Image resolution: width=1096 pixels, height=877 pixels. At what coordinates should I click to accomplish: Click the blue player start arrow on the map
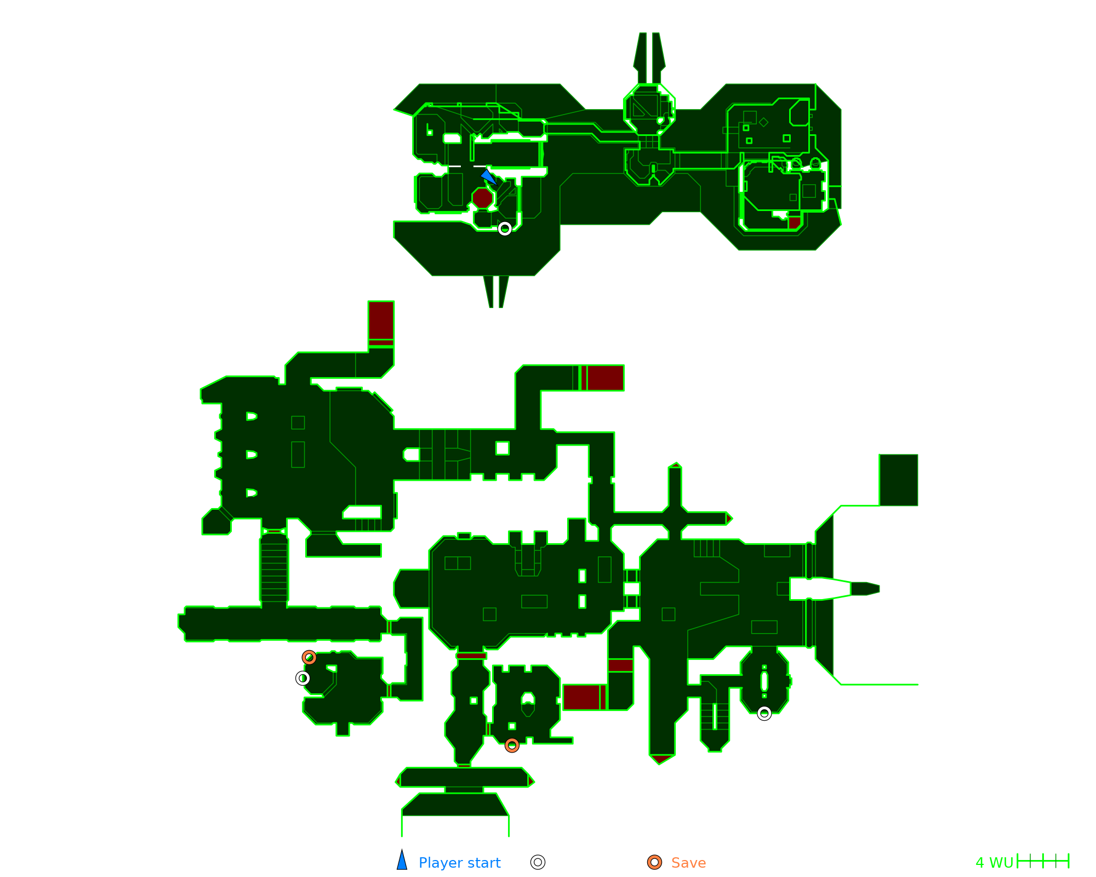coord(488,176)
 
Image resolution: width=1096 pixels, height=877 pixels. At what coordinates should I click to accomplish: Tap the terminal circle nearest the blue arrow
coord(505,229)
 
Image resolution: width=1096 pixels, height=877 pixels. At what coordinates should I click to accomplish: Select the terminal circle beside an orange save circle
coord(302,678)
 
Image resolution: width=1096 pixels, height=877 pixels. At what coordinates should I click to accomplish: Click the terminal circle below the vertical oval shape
coord(764,713)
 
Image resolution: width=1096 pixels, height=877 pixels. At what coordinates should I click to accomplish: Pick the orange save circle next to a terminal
coord(309,657)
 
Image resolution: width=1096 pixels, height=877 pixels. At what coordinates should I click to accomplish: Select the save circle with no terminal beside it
coord(512,745)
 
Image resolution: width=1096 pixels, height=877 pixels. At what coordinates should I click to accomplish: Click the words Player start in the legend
coord(459,863)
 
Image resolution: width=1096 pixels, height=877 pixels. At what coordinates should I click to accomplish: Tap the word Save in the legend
coord(688,863)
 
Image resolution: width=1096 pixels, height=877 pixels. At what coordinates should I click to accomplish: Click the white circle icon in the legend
coord(538,862)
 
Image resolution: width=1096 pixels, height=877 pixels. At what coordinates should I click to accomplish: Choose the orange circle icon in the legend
coord(654,862)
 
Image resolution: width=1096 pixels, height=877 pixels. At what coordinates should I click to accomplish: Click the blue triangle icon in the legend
coord(402,861)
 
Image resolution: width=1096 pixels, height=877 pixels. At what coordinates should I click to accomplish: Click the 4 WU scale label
coord(994,863)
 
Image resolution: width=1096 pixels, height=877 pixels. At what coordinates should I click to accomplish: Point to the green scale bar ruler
coord(1043,861)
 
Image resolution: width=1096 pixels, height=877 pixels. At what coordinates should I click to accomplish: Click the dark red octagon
coord(483,198)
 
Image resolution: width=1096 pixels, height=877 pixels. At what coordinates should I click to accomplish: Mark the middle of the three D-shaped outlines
coord(252,454)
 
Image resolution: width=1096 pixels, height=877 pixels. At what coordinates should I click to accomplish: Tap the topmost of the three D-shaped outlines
coord(252,416)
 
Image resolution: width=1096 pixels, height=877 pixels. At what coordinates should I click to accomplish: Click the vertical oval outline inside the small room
coord(764,681)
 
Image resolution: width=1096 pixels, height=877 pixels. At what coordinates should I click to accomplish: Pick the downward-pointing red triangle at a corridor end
coord(661,759)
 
